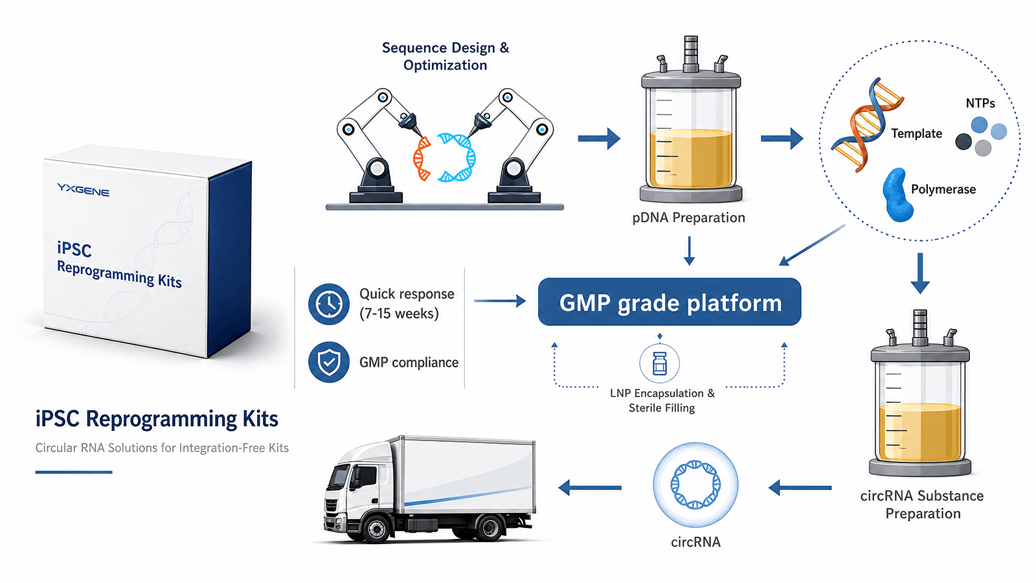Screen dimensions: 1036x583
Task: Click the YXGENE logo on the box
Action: [x=84, y=190]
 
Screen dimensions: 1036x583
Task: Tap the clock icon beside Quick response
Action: [x=329, y=304]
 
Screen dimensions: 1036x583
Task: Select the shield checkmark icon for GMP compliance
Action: [x=329, y=362]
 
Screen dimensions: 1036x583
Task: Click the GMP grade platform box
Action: [x=670, y=302]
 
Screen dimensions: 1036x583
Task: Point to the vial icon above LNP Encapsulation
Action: [x=660, y=363]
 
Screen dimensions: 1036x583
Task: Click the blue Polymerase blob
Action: [x=897, y=195]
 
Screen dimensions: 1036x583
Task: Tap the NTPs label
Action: [x=980, y=103]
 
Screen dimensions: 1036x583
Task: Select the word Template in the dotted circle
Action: [x=916, y=133]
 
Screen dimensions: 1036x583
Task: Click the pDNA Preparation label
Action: [x=689, y=218]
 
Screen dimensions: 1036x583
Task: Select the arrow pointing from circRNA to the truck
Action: [x=590, y=488]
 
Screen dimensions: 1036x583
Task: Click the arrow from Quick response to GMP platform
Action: [x=500, y=301]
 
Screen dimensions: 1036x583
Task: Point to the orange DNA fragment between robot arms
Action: [x=422, y=158]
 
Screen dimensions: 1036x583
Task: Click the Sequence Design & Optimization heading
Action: [x=445, y=56]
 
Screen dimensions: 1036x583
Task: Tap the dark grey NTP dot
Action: [x=963, y=142]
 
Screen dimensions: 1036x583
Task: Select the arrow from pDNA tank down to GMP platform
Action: [x=689, y=251]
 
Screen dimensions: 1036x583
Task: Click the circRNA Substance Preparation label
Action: [x=922, y=505]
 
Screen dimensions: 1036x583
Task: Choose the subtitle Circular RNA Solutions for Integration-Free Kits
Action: [x=162, y=448]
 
